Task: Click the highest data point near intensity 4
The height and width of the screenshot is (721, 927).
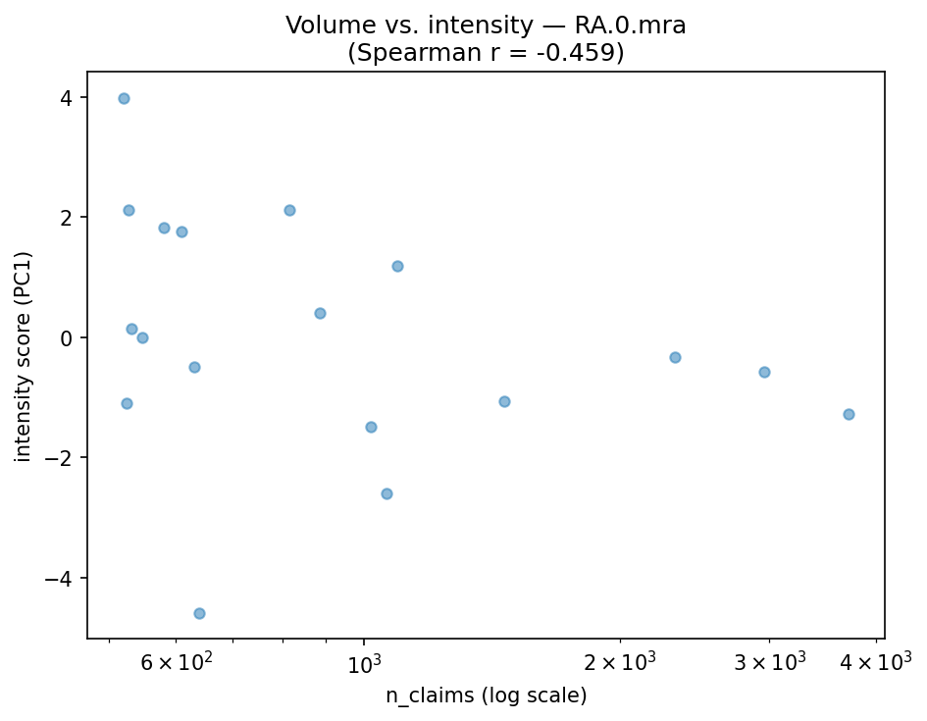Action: tap(124, 98)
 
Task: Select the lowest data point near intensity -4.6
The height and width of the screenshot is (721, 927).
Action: tap(199, 613)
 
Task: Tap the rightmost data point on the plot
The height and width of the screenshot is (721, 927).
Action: tap(849, 414)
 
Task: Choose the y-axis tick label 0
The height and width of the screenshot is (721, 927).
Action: tap(68, 337)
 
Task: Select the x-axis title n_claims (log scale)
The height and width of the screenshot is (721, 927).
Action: tap(486, 695)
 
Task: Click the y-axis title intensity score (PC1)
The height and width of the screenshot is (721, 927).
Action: tap(24, 356)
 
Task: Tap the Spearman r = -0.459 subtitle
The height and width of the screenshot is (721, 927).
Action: tap(486, 53)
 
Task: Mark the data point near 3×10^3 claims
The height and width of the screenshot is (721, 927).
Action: tap(764, 372)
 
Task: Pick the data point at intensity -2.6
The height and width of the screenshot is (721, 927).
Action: tap(386, 493)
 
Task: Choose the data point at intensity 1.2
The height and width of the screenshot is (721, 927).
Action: tap(397, 266)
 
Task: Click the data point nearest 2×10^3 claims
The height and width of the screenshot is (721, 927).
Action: tap(675, 357)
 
